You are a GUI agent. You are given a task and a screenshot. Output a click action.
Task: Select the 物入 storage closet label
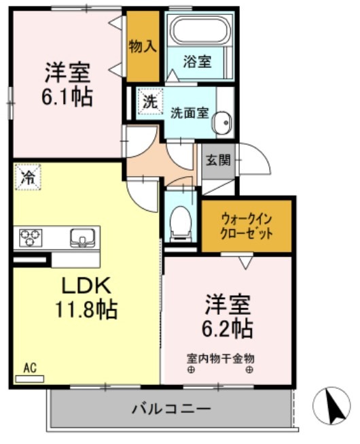click(143, 46)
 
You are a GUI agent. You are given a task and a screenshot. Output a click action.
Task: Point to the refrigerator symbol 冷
click(28, 178)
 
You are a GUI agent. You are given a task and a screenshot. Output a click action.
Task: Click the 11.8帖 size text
click(86, 310)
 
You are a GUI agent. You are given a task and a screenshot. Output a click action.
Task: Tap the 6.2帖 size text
click(229, 328)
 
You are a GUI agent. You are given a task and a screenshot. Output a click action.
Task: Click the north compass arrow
click(331, 407)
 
